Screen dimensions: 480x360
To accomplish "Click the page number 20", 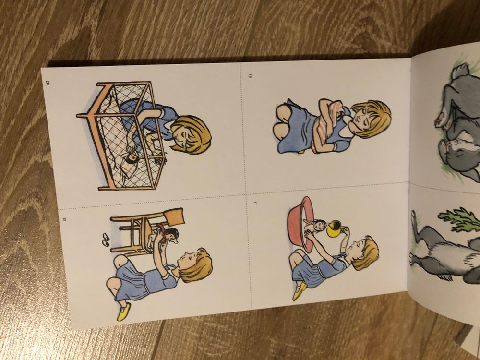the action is pos(48,83).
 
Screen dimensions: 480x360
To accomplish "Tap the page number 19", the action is pos(250,76).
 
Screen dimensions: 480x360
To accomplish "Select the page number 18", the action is pos(64,219).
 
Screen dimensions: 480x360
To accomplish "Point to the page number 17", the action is pos(254,203).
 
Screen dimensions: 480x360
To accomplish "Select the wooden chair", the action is pos(144,231).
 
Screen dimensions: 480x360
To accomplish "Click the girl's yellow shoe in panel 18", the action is pos(123,312).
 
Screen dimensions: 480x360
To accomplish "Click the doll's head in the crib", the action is pos(132,157).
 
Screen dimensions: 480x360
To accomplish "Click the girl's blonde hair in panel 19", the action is pos(373,118).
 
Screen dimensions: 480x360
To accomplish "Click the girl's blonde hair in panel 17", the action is pos(367,252).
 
